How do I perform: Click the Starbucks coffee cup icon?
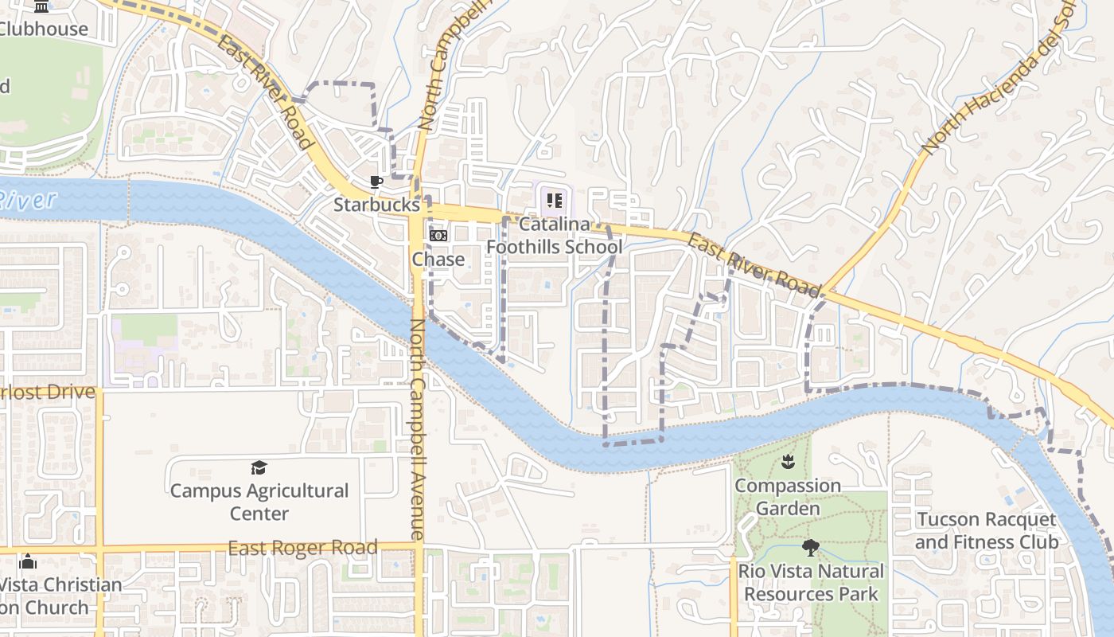point(376,182)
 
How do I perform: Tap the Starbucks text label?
point(376,205)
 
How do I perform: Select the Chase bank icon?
point(438,236)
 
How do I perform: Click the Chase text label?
point(438,260)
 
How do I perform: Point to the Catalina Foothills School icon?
point(555,201)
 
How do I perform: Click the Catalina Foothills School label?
point(555,236)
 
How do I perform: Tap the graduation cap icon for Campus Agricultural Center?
point(259,467)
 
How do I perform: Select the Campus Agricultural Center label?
point(259,502)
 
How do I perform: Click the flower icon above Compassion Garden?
point(788,461)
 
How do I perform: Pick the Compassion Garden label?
point(788,497)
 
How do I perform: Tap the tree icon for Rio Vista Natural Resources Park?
point(811,548)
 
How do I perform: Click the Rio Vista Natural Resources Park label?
point(811,582)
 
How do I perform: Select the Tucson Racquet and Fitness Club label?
point(987,531)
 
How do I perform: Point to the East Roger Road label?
point(302,548)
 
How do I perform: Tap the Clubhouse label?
point(44,29)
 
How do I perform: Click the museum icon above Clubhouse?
point(42,6)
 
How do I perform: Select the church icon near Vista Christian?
point(28,561)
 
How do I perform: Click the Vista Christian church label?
point(60,596)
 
